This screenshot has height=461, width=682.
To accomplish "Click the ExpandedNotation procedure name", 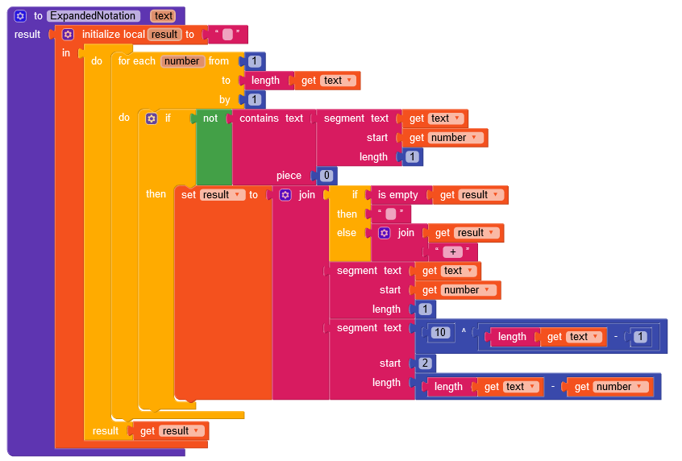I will click(94, 16).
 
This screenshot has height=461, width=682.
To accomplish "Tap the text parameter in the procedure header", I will click(164, 16).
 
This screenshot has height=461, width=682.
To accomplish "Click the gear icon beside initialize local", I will click(69, 35).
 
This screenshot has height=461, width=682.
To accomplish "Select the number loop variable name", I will click(181, 61).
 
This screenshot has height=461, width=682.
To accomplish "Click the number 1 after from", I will click(254, 61).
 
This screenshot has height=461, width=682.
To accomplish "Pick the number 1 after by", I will click(254, 100).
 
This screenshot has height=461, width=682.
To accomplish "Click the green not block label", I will click(210, 118).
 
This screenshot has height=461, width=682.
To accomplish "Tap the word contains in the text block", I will click(259, 118).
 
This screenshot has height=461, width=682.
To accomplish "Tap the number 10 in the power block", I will click(439, 332).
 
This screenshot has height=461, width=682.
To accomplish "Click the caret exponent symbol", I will click(464, 331).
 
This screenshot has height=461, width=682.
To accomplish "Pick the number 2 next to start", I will click(426, 363).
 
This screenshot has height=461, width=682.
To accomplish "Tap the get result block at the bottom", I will click(169, 431).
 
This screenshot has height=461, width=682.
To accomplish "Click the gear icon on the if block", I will click(151, 118).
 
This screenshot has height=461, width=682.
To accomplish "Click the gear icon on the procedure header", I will click(20, 16).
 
